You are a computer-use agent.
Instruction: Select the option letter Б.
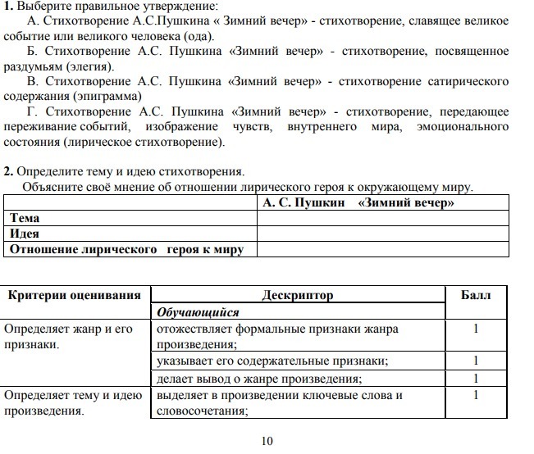tap(33, 52)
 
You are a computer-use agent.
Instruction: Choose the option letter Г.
tap(33, 111)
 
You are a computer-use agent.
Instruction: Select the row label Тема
tap(25, 218)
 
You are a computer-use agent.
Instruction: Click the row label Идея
tap(25, 234)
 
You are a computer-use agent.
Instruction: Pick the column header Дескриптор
tap(298, 295)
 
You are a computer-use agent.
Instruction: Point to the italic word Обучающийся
tap(198, 312)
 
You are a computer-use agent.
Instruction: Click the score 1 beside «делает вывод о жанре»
tap(476, 379)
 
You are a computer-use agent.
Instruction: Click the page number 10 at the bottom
tap(267, 443)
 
